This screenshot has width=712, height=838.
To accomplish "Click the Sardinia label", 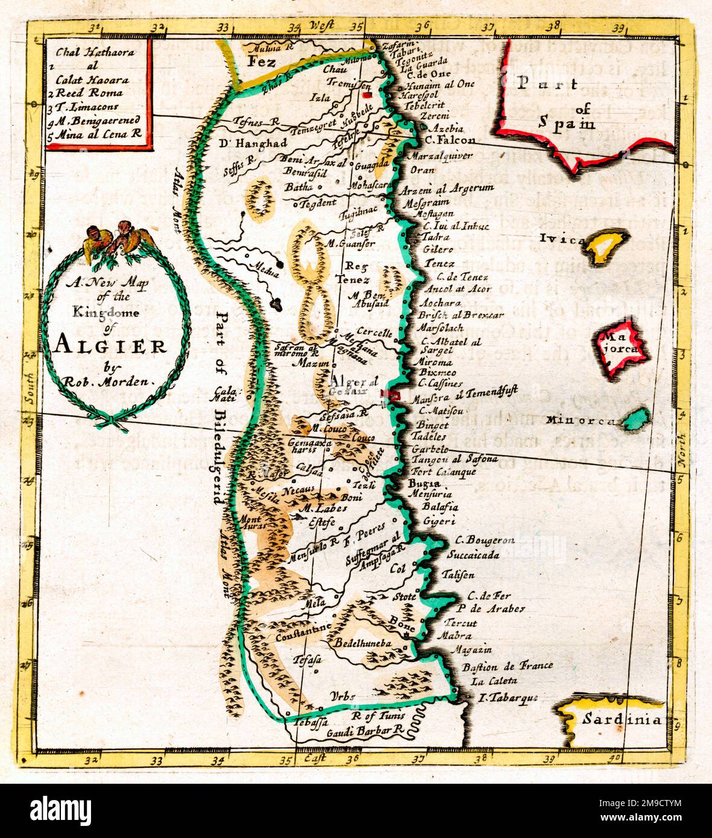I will pos(622,719).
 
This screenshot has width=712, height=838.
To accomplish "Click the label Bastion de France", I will pos(507,666).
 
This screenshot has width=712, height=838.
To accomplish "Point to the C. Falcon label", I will pos(449,140).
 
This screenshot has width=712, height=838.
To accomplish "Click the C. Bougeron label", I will pos(484,541).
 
